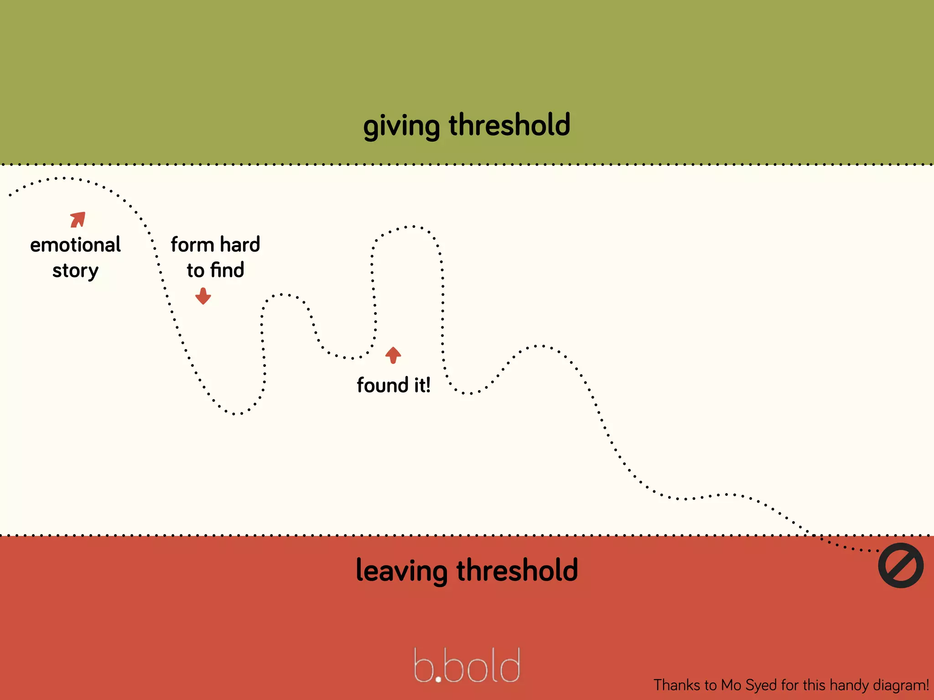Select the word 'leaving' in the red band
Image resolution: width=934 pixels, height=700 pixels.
point(401,571)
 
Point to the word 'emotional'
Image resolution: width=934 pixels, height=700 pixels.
point(76,245)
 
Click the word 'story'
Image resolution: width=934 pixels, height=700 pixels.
point(75,271)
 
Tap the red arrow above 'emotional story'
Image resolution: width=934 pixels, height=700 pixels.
point(78,219)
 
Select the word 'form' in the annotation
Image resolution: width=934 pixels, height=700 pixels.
point(192,245)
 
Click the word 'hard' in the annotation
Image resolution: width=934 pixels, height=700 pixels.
point(240,245)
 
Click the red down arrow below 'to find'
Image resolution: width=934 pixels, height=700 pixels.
point(203,296)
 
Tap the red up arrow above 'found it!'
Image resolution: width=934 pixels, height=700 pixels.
point(393,355)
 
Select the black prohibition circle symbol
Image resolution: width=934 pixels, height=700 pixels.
point(901,565)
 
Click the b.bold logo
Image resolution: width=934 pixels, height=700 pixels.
point(467,666)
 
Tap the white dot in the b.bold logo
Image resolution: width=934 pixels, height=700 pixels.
point(438,679)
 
